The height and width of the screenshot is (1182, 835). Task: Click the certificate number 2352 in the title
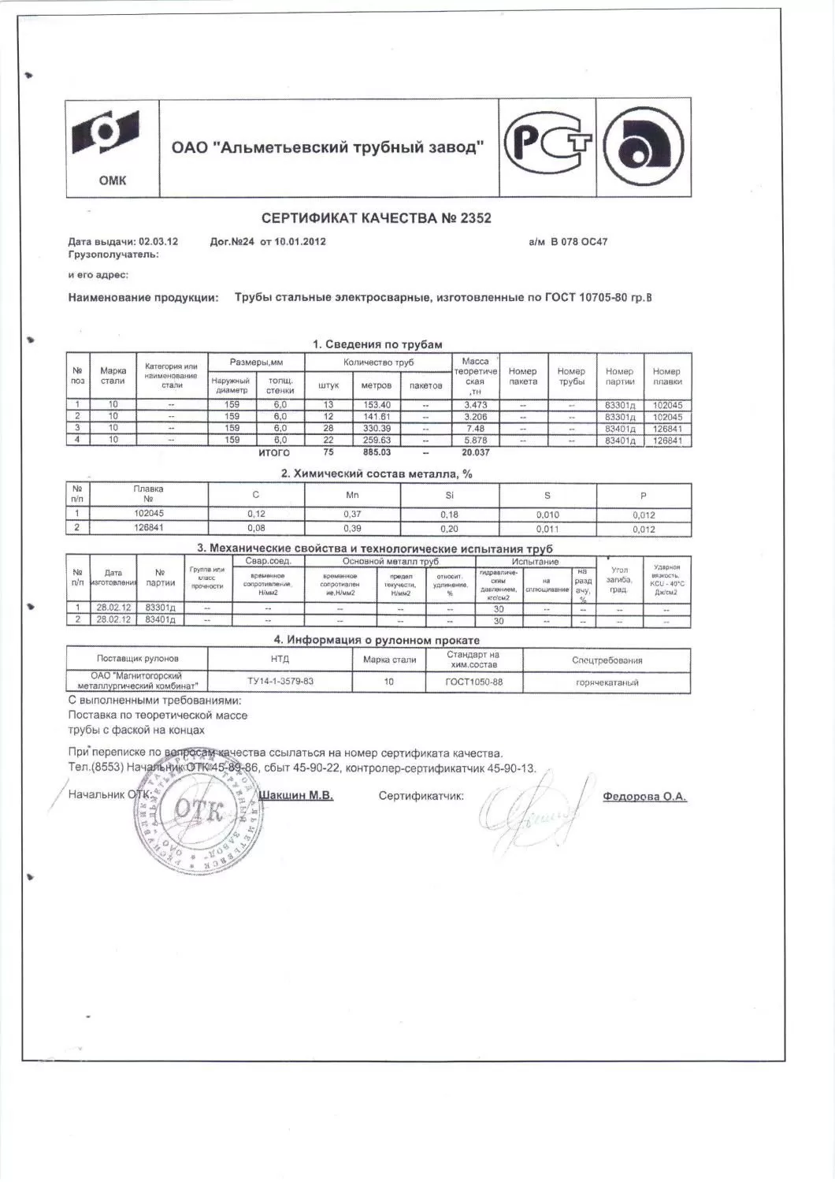[x=475, y=218]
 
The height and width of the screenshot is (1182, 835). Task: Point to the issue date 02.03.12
[x=158, y=242]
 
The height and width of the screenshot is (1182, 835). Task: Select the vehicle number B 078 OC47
[x=578, y=242]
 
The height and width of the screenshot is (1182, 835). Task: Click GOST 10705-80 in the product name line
[x=579, y=298]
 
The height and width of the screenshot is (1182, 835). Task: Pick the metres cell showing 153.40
[x=375, y=405]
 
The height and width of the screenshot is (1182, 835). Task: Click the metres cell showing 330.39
[x=375, y=429]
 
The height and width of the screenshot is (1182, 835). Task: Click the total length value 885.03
[x=375, y=452]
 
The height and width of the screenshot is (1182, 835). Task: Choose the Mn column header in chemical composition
[x=353, y=496]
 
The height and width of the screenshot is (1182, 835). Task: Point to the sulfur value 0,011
[x=547, y=530]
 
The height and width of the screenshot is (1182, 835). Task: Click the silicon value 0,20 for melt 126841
[x=450, y=530]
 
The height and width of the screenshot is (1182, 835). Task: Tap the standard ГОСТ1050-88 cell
[x=473, y=681]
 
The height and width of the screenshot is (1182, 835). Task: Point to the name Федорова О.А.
[x=644, y=797]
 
